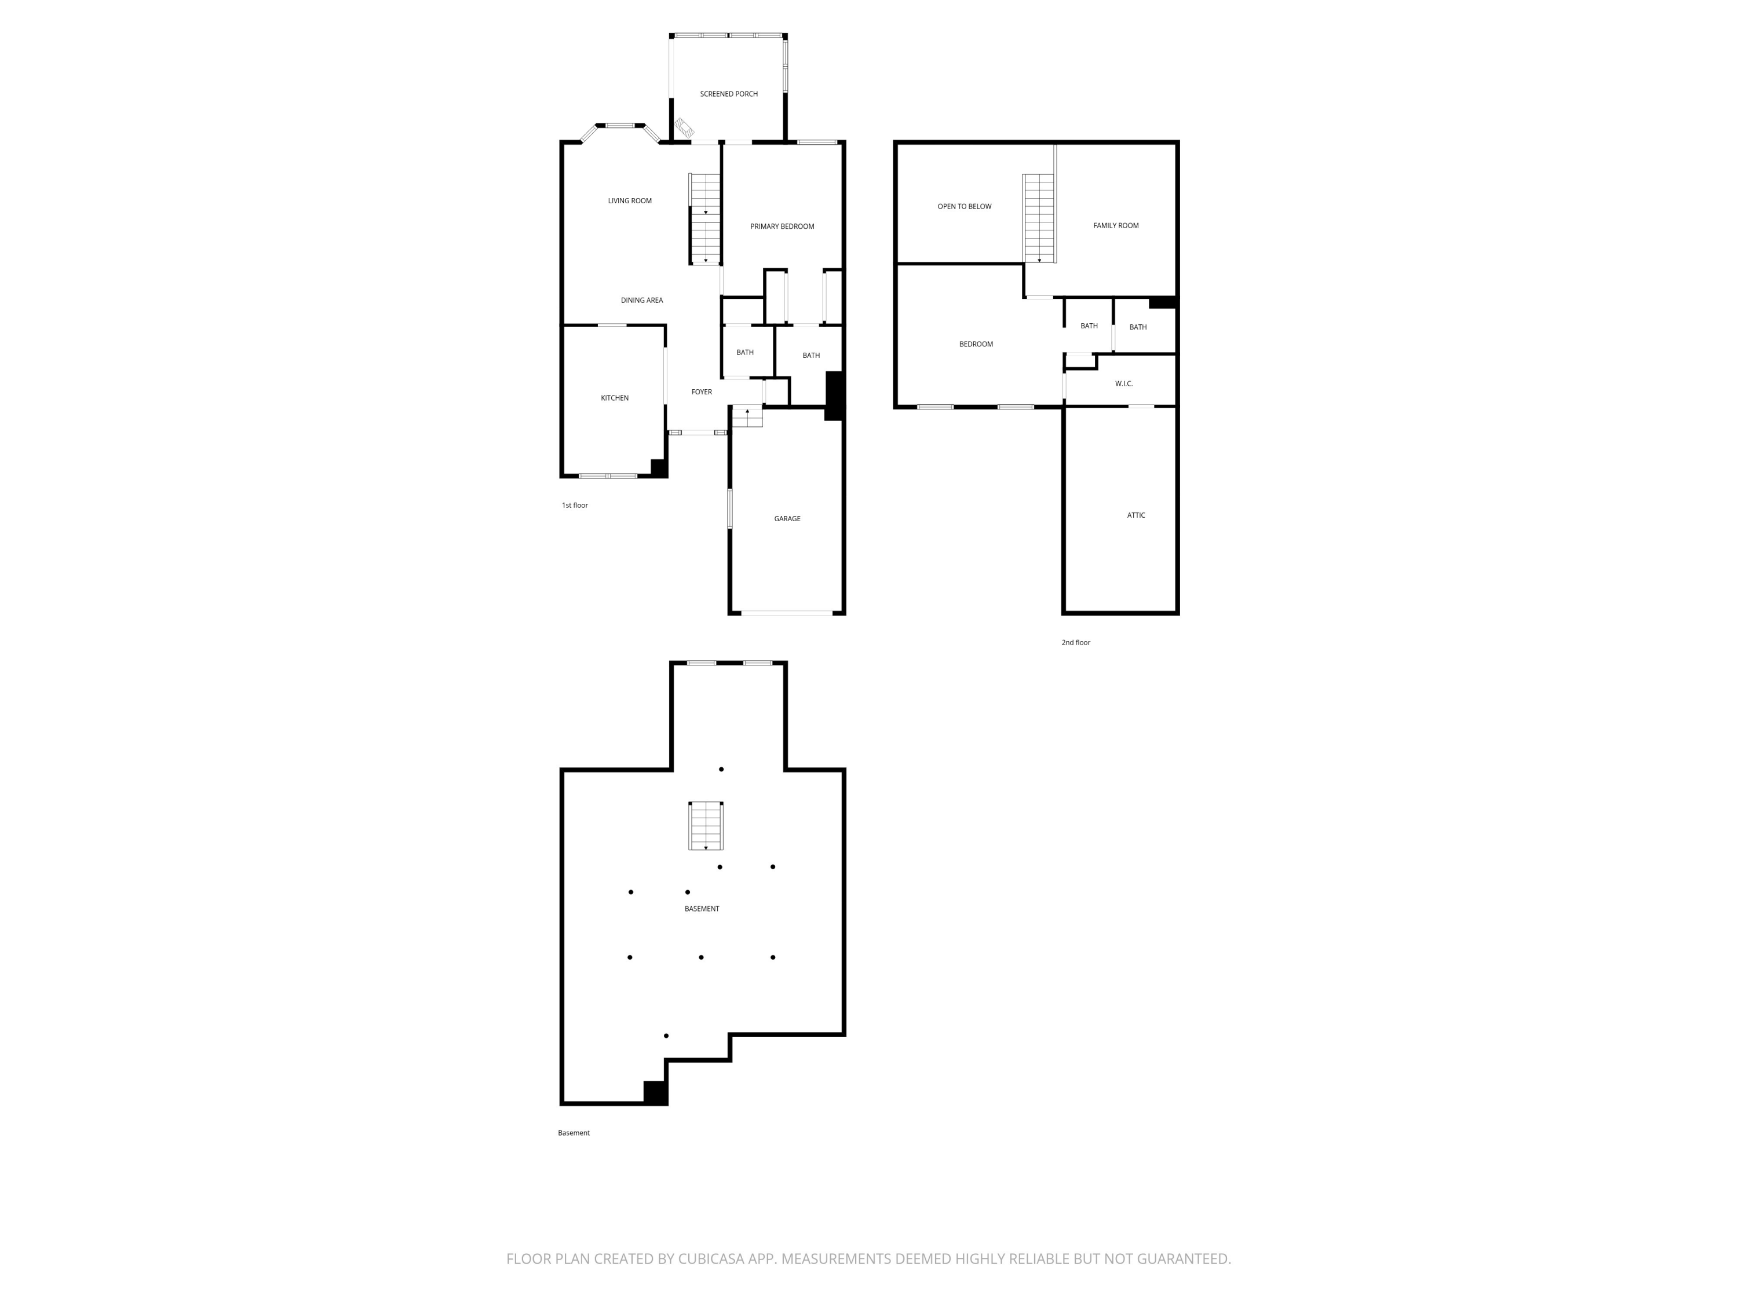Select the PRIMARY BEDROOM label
(x=782, y=227)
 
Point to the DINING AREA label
(x=642, y=301)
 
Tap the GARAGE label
(x=787, y=519)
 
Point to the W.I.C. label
(x=1123, y=384)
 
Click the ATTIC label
(x=1136, y=516)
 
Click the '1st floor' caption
(x=574, y=506)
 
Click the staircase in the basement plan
(x=706, y=825)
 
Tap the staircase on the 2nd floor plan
(x=1039, y=219)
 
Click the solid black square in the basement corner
(x=655, y=1093)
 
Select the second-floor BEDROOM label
(x=976, y=345)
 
